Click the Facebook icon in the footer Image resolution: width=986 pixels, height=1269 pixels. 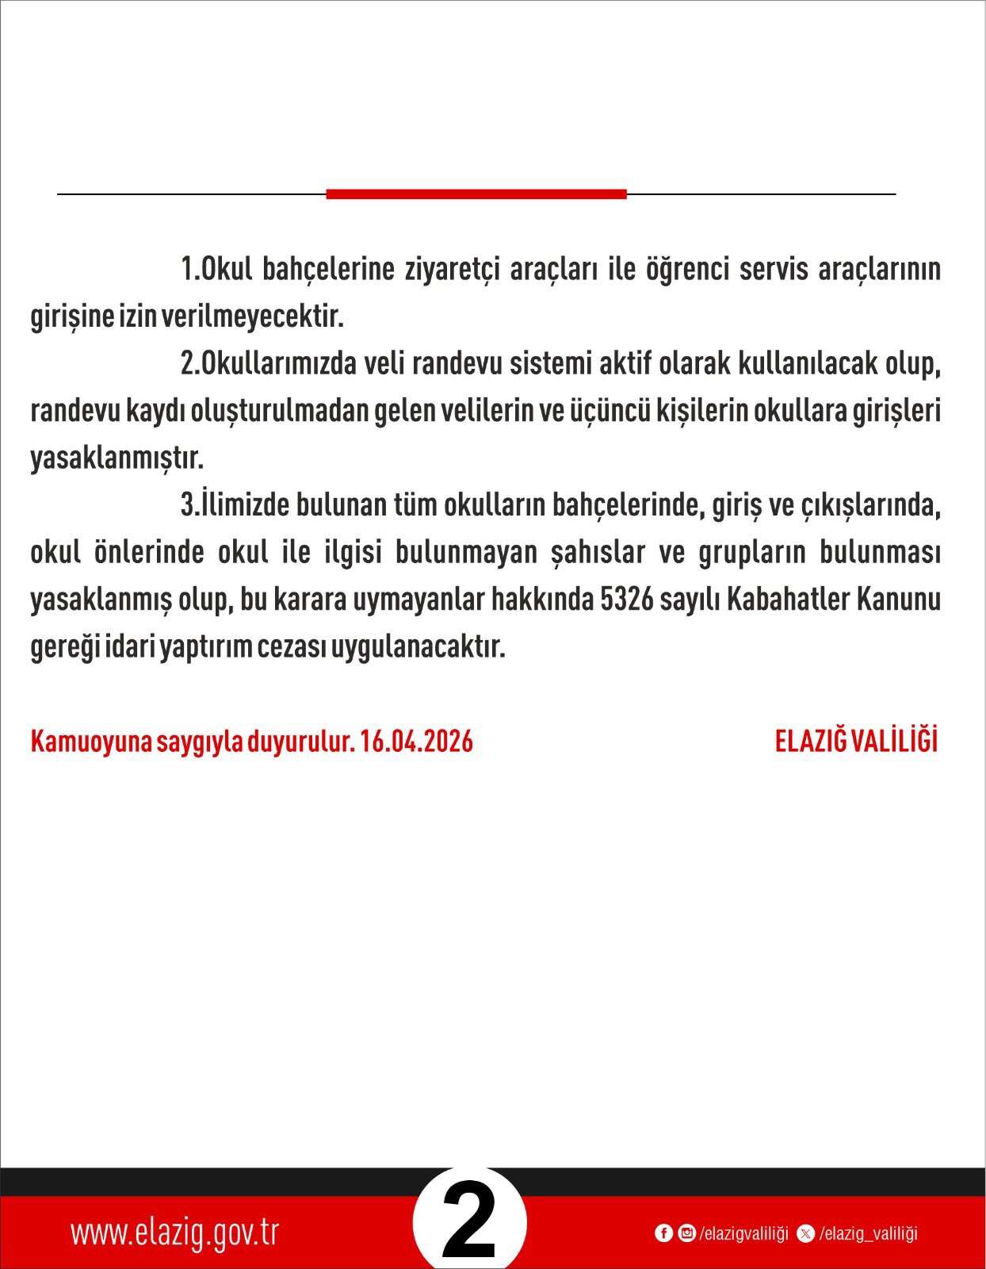663,1233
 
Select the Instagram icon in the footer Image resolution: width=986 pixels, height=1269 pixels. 686,1233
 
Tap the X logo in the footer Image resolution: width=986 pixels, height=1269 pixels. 806,1233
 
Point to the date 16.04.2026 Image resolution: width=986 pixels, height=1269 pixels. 416,741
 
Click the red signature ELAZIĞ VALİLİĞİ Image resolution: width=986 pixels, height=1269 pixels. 856,741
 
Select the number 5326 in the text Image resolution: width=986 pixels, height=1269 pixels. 627,600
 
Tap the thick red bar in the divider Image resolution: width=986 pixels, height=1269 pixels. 476,194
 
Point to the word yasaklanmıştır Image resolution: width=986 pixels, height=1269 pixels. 117,458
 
